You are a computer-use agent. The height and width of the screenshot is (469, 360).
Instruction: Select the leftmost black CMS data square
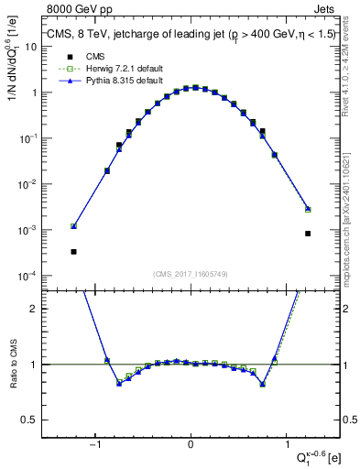point(73,251)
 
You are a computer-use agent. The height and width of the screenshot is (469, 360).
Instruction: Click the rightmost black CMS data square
point(308,234)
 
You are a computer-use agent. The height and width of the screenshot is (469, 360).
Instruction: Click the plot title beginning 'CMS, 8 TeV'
point(191,36)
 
